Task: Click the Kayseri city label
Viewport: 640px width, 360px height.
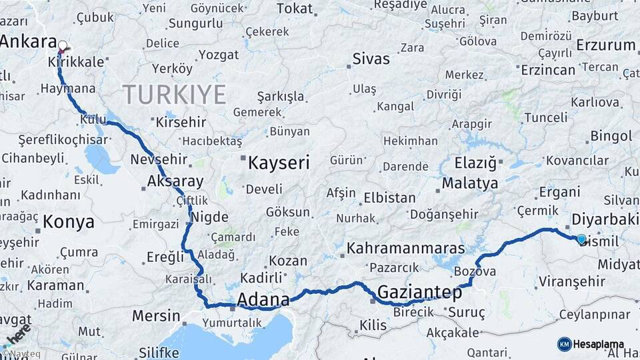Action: pyautogui.click(x=279, y=162)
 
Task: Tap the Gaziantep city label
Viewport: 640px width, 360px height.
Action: pyautogui.click(x=420, y=292)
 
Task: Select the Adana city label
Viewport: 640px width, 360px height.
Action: pyautogui.click(x=263, y=299)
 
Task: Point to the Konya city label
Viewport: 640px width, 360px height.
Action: pyautogui.click(x=69, y=222)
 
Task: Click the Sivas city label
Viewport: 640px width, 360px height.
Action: pyautogui.click(x=371, y=58)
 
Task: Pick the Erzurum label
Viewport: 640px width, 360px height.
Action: pyautogui.click(x=605, y=45)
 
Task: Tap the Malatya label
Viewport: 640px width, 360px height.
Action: pyautogui.click(x=469, y=183)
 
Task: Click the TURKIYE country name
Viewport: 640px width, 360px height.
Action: pyautogui.click(x=174, y=95)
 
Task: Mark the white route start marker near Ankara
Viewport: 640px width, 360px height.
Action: pyautogui.click(x=63, y=46)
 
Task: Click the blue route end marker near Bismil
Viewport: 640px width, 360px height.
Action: pyautogui.click(x=581, y=239)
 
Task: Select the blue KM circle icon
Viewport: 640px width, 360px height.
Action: pyautogui.click(x=565, y=344)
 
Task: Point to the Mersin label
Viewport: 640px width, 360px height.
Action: pyautogui.click(x=156, y=315)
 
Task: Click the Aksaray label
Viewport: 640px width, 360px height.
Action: pyautogui.click(x=175, y=181)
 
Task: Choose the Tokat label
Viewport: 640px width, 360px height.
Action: pyautogui.click(x=294, y=9)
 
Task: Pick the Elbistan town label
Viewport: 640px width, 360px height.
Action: pyautogui.click(x=389, y=198)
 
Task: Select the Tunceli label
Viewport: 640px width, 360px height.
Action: pyautogui.click(x=545, y=117)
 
